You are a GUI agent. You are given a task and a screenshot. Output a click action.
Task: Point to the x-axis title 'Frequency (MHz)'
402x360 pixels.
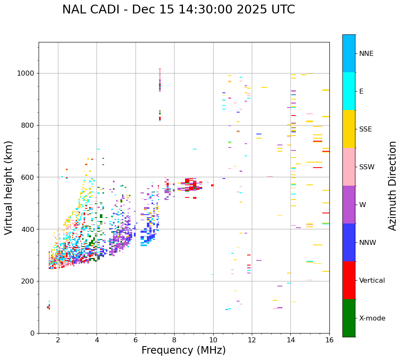pyautogui.click(x=183, y=350)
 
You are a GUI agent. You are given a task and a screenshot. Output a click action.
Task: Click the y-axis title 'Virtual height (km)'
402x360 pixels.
pyautogui.click(x=9, y=187)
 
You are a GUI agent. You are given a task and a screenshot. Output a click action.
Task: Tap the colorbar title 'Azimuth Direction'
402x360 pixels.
pyautogui.click(x=392, y=186)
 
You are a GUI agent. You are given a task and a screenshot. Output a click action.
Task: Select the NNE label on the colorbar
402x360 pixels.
pyautogui.click(x=366, y=54)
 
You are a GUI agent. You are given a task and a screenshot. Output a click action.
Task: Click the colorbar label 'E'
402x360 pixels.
pyautogui.click(x=361, y=92)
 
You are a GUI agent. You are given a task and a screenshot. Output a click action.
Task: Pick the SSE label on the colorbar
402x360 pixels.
pyautogui.click(x=365, y=129)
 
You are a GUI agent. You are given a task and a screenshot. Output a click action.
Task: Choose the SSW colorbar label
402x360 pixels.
pyautogui.click(x=366, y=167)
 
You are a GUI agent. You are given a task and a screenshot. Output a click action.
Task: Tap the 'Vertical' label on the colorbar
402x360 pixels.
pyautogui.click(x=372, y=281)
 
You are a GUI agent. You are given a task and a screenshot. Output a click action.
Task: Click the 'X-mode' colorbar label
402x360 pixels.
pyautogui.click(x=372, y=318)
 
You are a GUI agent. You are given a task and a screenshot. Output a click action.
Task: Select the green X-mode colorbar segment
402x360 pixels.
pyautogui.click(x=349, y=318)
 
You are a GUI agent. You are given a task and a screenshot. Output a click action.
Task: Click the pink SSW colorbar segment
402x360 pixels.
pyautogui.click(x=349, y=167)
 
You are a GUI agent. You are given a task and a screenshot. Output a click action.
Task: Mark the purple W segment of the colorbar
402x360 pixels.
pyautogui.click(x=349, y=205)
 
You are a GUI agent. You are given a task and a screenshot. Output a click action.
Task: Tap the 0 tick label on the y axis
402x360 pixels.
pyautogui.click(x=33, y=333)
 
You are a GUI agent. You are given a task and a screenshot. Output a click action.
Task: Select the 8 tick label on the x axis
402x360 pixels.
pyautogui.click(x=174, y=340)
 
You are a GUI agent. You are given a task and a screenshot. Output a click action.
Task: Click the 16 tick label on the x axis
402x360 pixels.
pyautogui.click(x=329, y=340)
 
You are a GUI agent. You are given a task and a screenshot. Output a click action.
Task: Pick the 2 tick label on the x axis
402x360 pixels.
pyautogui.click(x=58, y=340)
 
